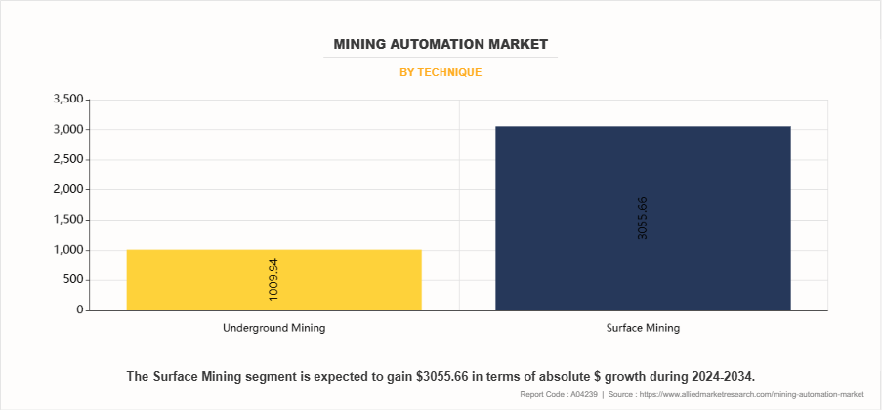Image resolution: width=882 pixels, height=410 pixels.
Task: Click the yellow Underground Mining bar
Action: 273,280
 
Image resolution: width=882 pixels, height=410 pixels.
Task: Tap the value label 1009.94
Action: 274,279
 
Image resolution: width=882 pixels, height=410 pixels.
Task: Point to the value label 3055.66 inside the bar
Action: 642,219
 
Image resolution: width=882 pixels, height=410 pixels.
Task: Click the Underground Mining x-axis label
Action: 273,328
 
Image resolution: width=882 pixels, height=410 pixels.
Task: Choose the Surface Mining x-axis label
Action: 642,328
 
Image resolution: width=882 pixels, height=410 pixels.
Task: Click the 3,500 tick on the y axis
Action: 67,100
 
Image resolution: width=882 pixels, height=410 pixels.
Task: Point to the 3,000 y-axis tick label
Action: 67,130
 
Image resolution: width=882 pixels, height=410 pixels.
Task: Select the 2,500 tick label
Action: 67,160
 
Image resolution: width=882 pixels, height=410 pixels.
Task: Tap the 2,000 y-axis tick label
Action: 67,190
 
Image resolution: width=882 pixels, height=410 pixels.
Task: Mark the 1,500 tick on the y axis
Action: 67,221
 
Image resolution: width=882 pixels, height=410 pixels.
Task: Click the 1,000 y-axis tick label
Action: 67,250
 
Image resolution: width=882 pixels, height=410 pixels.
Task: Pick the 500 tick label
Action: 74,280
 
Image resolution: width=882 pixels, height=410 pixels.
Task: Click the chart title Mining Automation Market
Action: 441,44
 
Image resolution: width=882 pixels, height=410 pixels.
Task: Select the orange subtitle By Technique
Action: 441,72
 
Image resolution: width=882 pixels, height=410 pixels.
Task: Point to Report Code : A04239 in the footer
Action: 558,394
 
